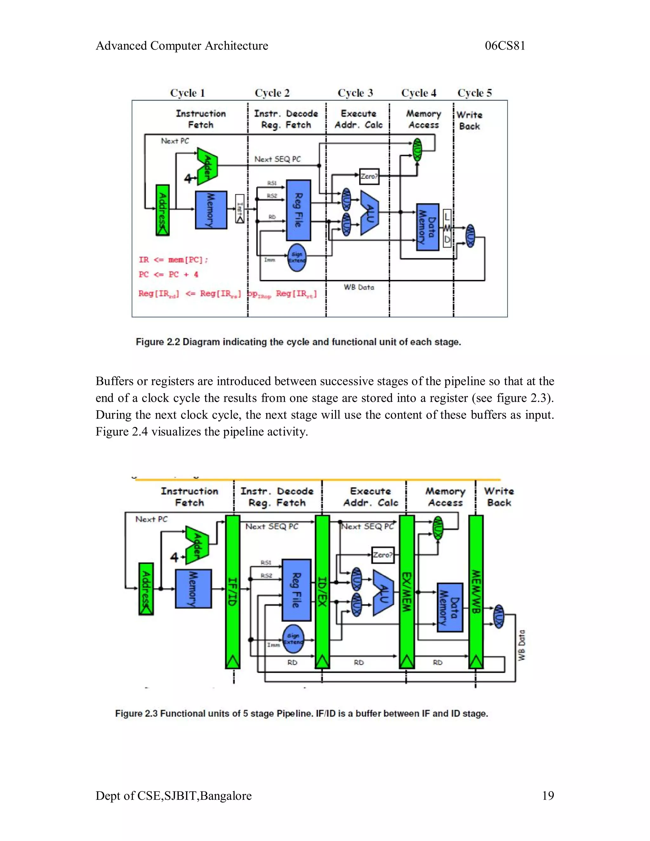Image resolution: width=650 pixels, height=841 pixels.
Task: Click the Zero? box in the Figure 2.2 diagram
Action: (369, 176)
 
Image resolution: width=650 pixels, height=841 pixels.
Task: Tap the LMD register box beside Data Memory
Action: (447, 228)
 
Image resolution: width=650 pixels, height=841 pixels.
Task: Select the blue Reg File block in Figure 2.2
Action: (298, 210)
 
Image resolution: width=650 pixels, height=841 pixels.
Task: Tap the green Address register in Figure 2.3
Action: (146, 589)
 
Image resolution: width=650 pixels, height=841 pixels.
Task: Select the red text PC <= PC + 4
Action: (168, 275)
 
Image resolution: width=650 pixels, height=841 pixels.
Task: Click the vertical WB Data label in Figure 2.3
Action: (521, 646)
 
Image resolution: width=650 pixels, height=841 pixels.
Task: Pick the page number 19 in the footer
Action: (547, 796)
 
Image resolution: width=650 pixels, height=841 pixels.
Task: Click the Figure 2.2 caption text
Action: (298, 342)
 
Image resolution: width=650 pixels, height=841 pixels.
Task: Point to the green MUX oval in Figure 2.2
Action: (417, 149)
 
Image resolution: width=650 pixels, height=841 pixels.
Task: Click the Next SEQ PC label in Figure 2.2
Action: (277, 159)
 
